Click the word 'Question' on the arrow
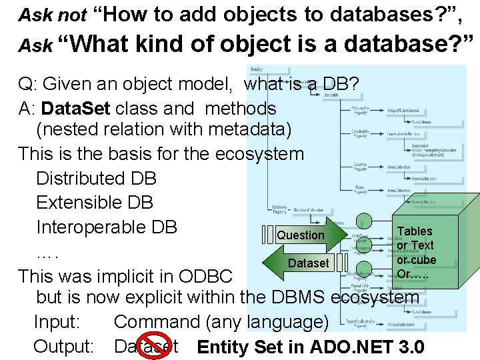click(301, 235)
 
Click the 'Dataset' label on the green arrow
click(308, 263)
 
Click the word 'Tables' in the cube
click(415, 231)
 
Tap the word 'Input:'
click(57, 323)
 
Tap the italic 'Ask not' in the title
click(53, 15)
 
